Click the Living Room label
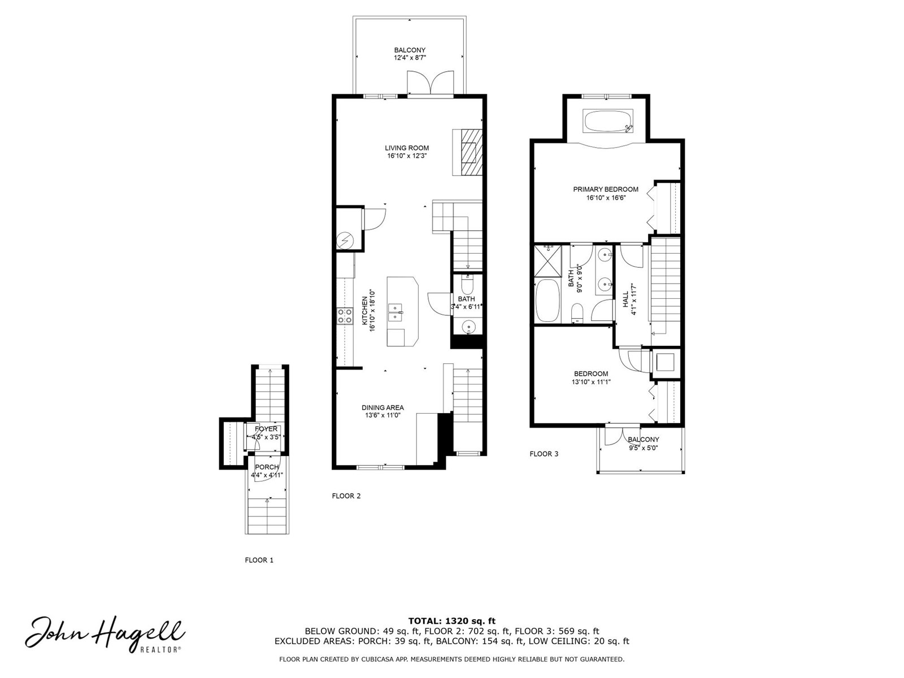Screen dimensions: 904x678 point(406,148)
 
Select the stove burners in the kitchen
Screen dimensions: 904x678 point(345,316)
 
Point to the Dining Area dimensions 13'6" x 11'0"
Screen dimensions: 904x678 point(383,415)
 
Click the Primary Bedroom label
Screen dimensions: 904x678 point(606,189)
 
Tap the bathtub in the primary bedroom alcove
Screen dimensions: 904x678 point(608,120)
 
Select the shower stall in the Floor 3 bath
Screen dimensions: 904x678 point(547,261)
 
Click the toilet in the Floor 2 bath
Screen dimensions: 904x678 point(467,284)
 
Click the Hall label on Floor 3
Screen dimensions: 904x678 point(625,299)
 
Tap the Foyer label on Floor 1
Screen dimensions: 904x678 point(266,429)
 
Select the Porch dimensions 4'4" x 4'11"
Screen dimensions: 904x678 point(267,475)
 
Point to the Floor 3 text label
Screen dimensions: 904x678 point(544,454)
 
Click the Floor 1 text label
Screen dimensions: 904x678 point(259,560)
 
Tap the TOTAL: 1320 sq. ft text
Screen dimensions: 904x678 point(452,621)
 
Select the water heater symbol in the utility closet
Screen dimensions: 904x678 point(342,241)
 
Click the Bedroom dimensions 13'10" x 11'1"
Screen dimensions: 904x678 point(590,382)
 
